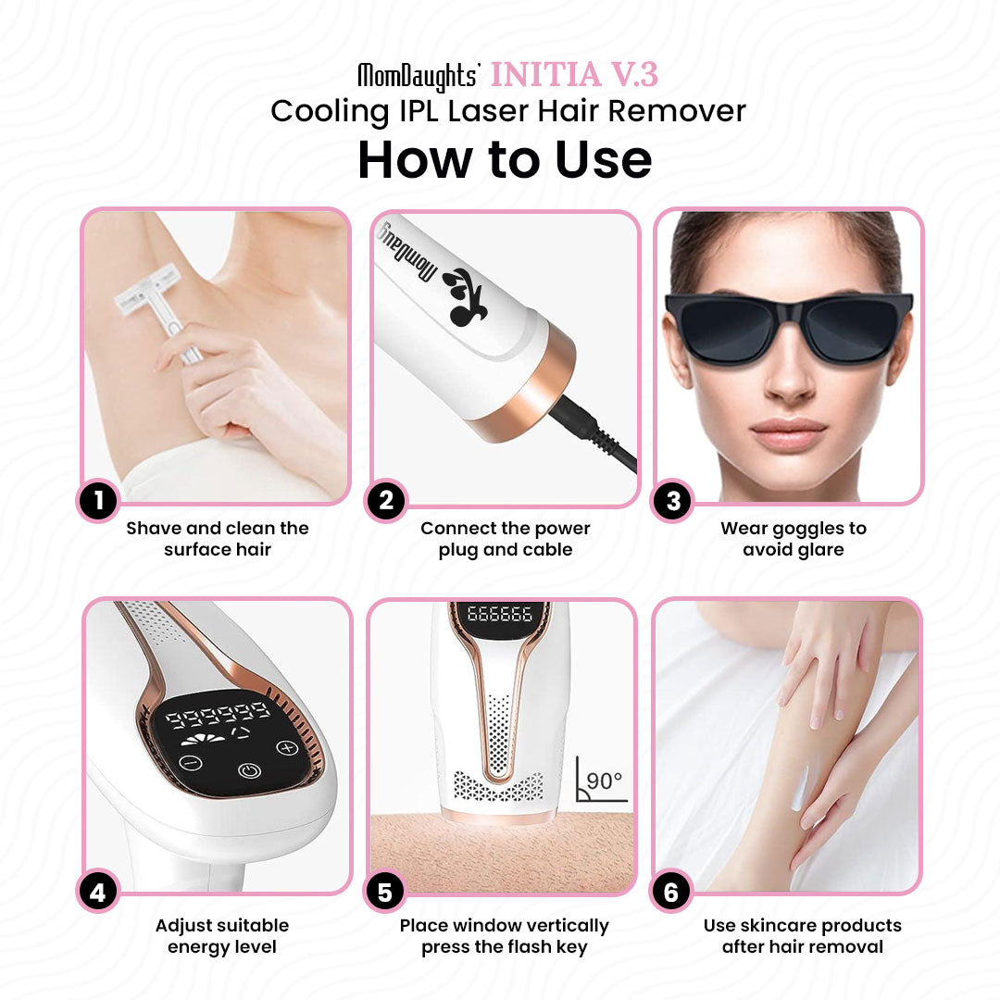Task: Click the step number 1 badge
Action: (x=98, y=501)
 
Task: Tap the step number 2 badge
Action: (x=386, y=501)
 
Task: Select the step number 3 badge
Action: (x=673, y=501)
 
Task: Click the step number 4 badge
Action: (x=98, y=893)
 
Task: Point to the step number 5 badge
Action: (x=385, y=893)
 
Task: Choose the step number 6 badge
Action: (x=672, y=893)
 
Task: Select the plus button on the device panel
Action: (x=287, y=747)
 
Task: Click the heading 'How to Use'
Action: (x=505, y=160)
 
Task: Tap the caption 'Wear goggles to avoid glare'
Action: (x=794, y=539)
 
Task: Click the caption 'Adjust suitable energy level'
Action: (x=222, y=935)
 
